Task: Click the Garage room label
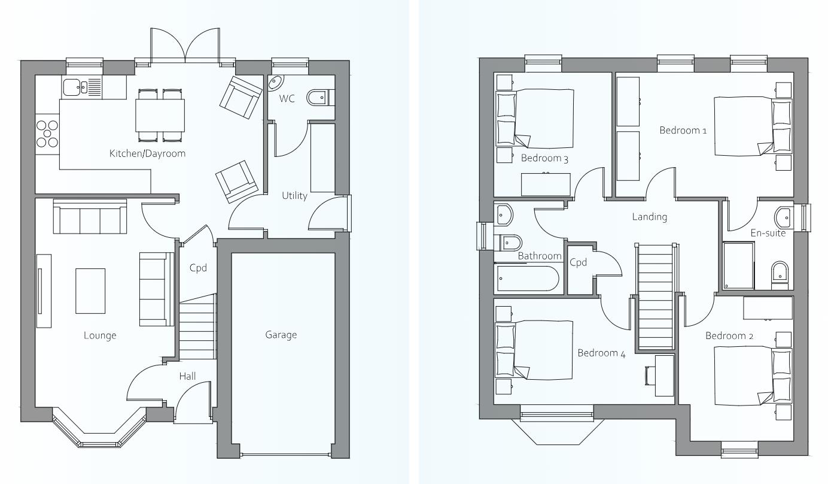[281, 335]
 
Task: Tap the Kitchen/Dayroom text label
[147, 153]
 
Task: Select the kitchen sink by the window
[82, 87]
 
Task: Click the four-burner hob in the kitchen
[47, 134]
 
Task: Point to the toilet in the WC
[321, 98]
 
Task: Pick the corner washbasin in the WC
[275, 83]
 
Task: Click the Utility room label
[294, 196]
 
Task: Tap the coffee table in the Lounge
[90, 291]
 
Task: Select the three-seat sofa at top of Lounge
[90, 216]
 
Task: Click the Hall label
[187, 376]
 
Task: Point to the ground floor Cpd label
[198, 268]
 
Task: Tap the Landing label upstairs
[650, 217]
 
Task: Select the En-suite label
[768, 233]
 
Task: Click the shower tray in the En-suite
[738, 265]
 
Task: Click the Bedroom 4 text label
[601, 353]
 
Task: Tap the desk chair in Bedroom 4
[650, 375]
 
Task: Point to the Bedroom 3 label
[544, 158]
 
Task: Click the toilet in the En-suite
[780, 275]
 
